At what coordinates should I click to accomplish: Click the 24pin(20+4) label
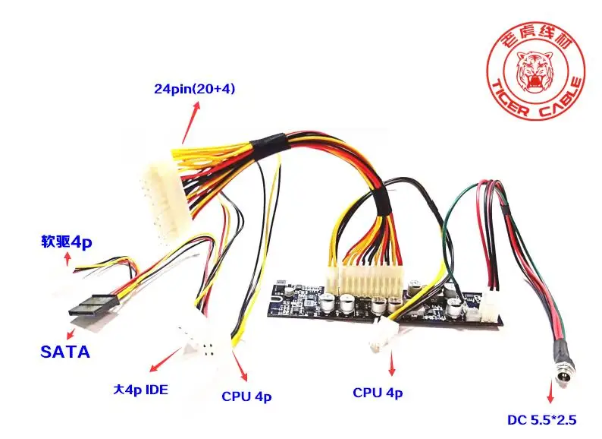194,89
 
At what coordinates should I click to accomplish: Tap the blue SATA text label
65,352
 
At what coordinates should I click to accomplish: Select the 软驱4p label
67,242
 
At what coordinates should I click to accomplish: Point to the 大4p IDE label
140,390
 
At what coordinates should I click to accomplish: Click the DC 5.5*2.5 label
541,420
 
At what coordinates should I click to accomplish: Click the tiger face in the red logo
535,73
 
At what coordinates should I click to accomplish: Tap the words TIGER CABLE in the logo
538,101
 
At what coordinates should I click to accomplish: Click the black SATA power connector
92,307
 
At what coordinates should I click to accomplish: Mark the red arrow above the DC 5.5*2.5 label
551,390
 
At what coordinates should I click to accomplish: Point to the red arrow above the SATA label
70,333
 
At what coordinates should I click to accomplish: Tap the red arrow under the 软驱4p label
68,258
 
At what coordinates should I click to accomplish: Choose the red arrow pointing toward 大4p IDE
165,360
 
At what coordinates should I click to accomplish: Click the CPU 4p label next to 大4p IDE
246,396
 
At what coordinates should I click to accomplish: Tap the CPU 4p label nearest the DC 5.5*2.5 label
378,393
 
